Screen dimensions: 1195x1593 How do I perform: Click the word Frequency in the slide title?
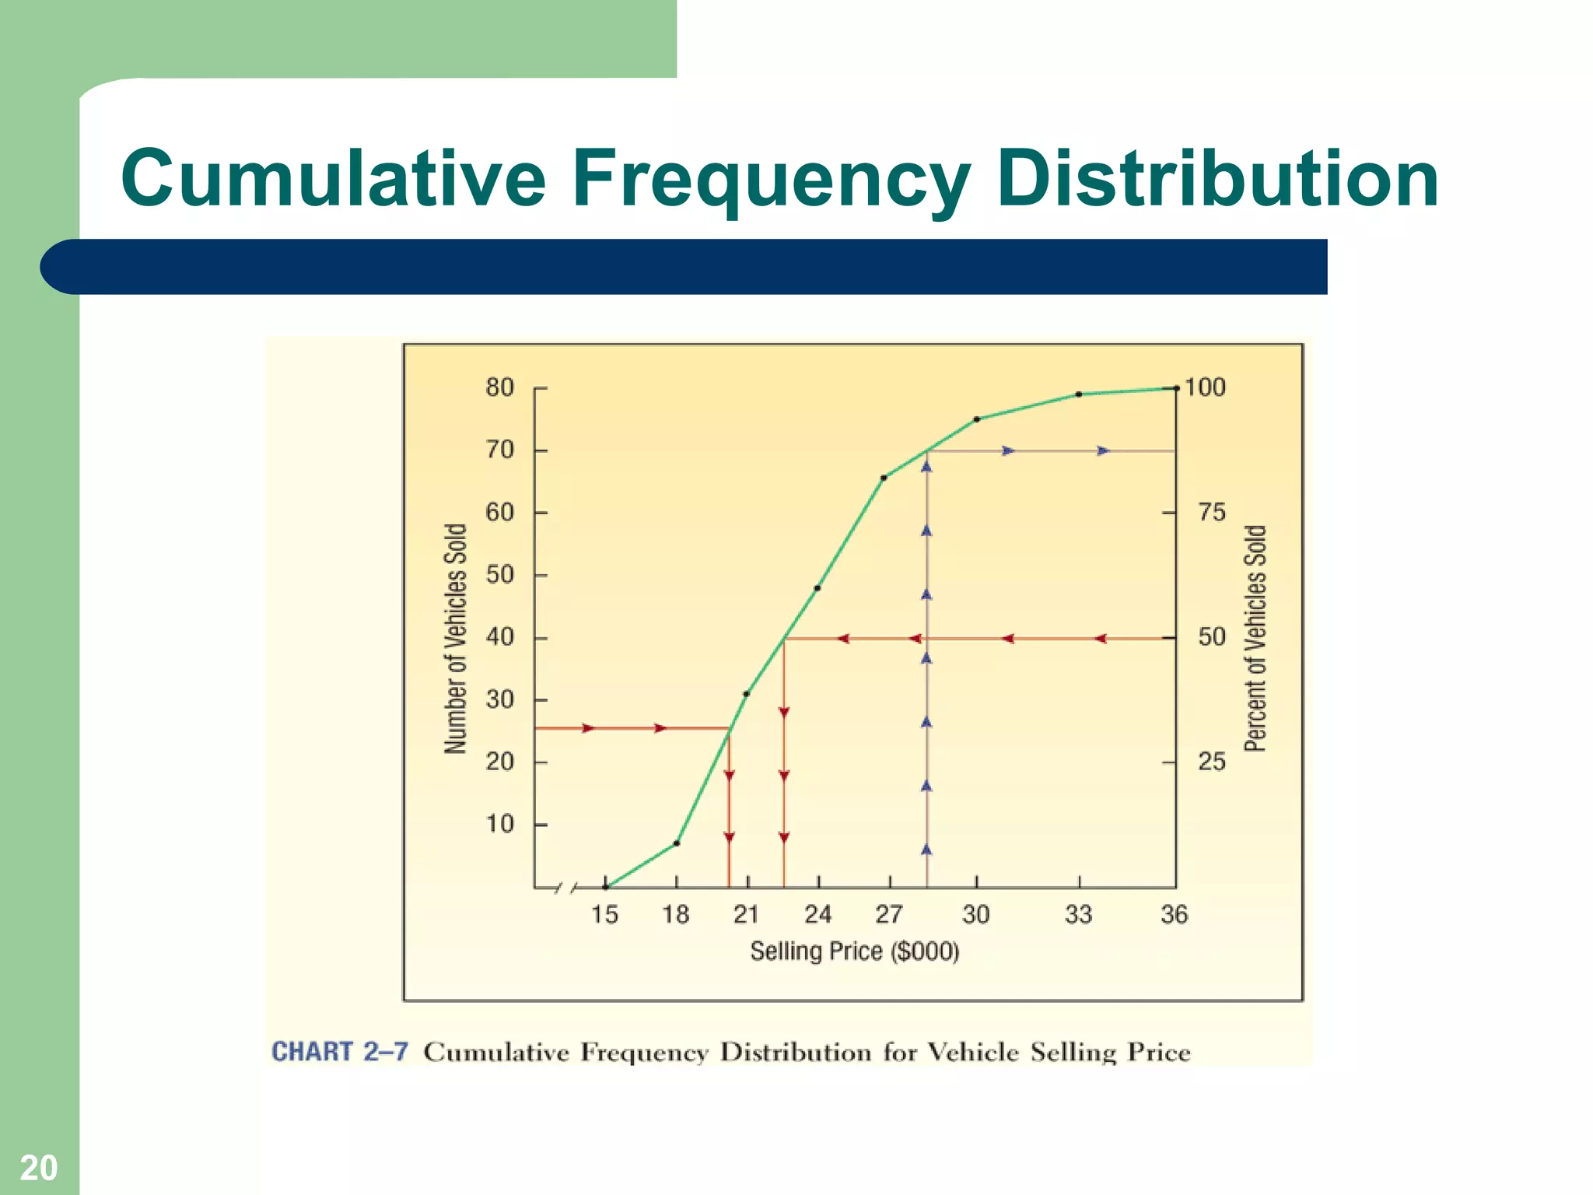pos(770,180)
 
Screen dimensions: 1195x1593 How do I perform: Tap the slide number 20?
pos(38,1168)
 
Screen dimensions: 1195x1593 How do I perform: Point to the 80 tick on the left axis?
pos(500,387)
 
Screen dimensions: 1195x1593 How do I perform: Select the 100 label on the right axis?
pos(1205,387)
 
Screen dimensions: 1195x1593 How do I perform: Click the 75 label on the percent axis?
pos(1211,512)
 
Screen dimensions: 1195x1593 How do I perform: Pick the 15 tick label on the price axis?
pos(604,914)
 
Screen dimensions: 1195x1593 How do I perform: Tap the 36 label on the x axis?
pos(1174,914)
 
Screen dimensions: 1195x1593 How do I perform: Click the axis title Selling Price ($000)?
pos(854,951)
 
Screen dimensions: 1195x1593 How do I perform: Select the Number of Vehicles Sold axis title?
pos(456,638)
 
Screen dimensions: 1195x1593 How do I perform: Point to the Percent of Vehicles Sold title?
pos(1255,638)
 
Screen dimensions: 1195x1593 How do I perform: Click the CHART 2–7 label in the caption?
pos(339,1052)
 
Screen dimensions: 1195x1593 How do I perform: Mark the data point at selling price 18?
pos(677,843)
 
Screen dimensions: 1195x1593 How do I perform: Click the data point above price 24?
pos(818,588)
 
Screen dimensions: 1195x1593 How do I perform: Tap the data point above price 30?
pos(977,419)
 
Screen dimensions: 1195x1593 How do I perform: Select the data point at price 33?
pos(1079,394)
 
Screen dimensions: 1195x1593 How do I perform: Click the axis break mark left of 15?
pos(566,888)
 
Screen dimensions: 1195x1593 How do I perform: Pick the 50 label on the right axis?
pos(1211,637)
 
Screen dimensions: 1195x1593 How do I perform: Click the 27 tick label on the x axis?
pos(889,914)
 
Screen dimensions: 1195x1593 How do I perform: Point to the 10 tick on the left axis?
pos(500,824)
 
